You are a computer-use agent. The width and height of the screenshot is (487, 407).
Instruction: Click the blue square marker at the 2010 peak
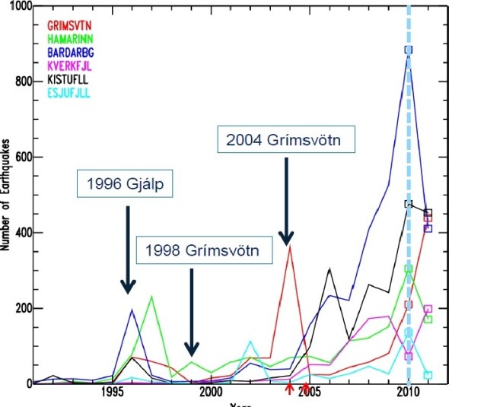tap(409, 49)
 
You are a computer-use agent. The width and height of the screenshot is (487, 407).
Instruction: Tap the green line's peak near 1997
tap(151, 297)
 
